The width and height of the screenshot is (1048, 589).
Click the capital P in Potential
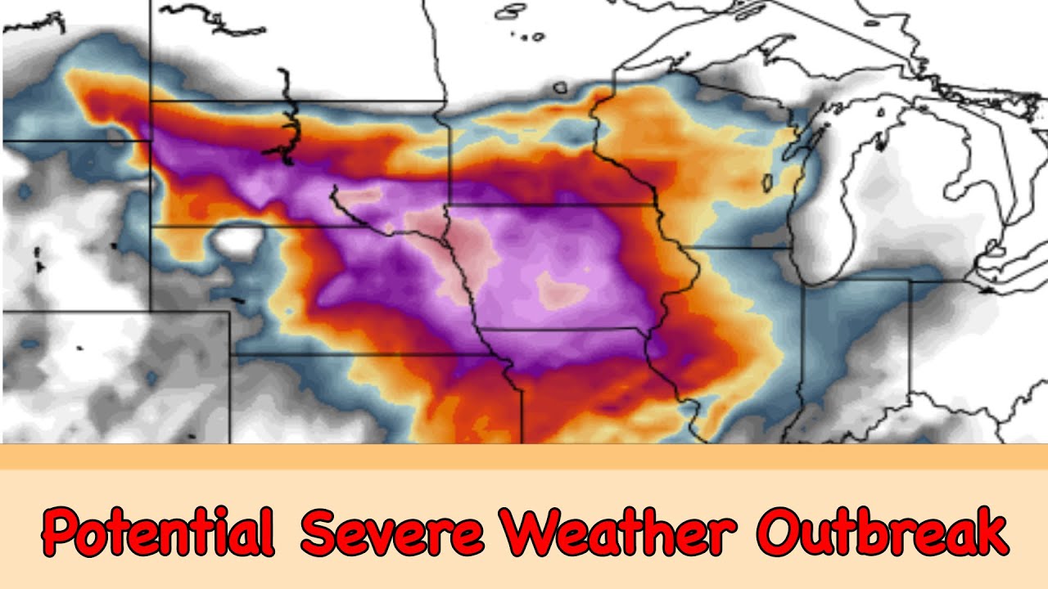(x=61, y=533)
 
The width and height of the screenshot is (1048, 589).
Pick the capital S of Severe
(x=317, y=533)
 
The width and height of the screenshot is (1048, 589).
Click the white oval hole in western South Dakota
(x=237, y=241)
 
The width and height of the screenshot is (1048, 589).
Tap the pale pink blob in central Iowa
(x=560, y=290)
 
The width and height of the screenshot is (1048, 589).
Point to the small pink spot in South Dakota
(x=360, y=196)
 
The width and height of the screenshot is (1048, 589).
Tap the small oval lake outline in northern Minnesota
(x=560, y=87)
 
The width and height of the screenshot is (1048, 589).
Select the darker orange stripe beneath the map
(x=524, y=457)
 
